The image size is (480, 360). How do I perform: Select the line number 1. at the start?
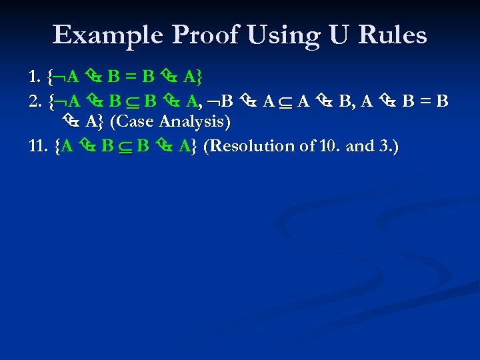click(36, 77)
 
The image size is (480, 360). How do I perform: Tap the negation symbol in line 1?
click(59, 77)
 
